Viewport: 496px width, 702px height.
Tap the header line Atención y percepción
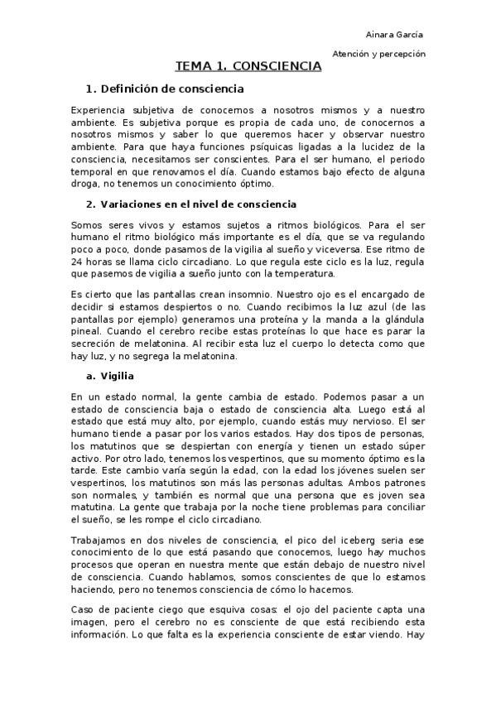[x=378, y=53]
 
